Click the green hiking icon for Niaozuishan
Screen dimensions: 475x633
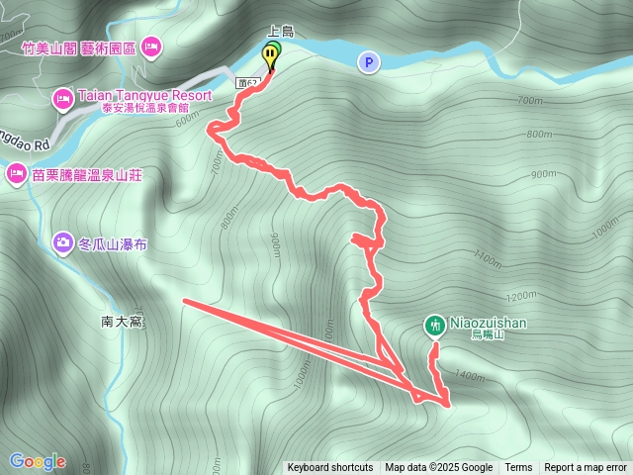(434, 324)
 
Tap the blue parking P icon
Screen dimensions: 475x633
(368, 62)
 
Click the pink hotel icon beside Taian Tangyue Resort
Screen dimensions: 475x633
(61, 97)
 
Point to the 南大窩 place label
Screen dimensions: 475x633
(123, 322)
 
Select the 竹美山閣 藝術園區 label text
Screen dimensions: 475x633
(79, 46)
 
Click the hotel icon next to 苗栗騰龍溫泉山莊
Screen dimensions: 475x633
(16, 175)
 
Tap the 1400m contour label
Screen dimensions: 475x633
(471, 376)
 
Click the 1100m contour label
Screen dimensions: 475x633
(488, 259)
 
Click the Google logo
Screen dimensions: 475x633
(38, 461)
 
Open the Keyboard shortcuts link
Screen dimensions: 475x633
(330, 468)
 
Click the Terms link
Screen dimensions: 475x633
(518, 468)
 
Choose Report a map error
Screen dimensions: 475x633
(586, 468)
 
